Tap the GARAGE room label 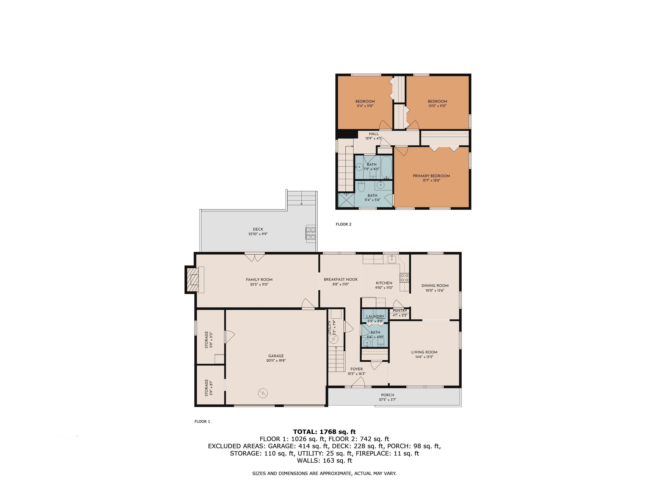[276, 356]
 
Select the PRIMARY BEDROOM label [431, 176]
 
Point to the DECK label [258, 229]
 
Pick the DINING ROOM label [435, 286]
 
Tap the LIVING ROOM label [424, 352]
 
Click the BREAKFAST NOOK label [341, 279]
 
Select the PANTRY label [400, 311]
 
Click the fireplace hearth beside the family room [194, 279]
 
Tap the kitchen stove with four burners [404, 278]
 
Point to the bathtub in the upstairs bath [386, 167]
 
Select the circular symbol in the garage [263, 393]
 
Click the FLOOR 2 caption [343, 224]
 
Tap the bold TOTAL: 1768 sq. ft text [324, 432]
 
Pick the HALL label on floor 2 [374, 134]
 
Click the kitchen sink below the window [392, 259]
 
